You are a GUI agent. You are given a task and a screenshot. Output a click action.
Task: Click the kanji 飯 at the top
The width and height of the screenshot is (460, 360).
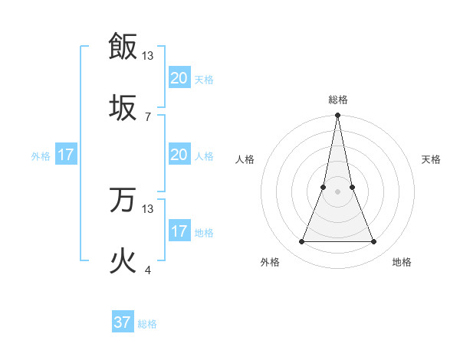[123, 46]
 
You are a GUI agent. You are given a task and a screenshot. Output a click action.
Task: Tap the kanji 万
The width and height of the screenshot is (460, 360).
[123, 200]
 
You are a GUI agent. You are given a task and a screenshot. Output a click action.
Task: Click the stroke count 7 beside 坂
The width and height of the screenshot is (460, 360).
[147, 116]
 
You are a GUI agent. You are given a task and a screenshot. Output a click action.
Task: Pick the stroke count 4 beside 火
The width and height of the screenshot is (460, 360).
[147, 270]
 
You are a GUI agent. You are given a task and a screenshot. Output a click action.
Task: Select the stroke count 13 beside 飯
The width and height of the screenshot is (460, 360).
[148, 55]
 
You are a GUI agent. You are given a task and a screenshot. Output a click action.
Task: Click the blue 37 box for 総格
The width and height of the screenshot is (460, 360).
[123, 322]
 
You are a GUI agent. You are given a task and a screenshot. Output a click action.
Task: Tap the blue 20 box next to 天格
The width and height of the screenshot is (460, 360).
[179, 78]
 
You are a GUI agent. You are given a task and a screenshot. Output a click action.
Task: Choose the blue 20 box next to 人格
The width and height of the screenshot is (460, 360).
[179, 155]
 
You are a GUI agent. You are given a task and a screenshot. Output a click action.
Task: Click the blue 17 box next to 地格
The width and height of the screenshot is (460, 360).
[179, 231]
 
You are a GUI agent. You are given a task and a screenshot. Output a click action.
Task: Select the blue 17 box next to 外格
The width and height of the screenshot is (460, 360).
[66, 155]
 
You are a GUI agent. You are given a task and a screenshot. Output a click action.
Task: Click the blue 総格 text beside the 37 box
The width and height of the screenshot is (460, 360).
[147, 324]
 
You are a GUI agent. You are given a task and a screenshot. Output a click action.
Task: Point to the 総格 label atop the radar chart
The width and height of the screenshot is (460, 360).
[337, 100]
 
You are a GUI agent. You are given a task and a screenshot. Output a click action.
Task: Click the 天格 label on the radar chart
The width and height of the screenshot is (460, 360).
[432, 159]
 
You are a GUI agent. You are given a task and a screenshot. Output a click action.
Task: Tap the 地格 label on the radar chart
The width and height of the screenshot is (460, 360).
[402, 262]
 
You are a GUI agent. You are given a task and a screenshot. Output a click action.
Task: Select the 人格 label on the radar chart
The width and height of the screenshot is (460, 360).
[245, 159]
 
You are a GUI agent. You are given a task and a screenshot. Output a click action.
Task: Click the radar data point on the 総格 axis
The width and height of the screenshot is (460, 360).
[337, 116]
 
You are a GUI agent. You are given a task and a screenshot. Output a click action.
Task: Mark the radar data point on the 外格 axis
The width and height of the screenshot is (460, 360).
[301, 242]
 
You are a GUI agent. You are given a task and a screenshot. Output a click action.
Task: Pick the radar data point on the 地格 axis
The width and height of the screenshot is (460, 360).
[374, 242]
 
